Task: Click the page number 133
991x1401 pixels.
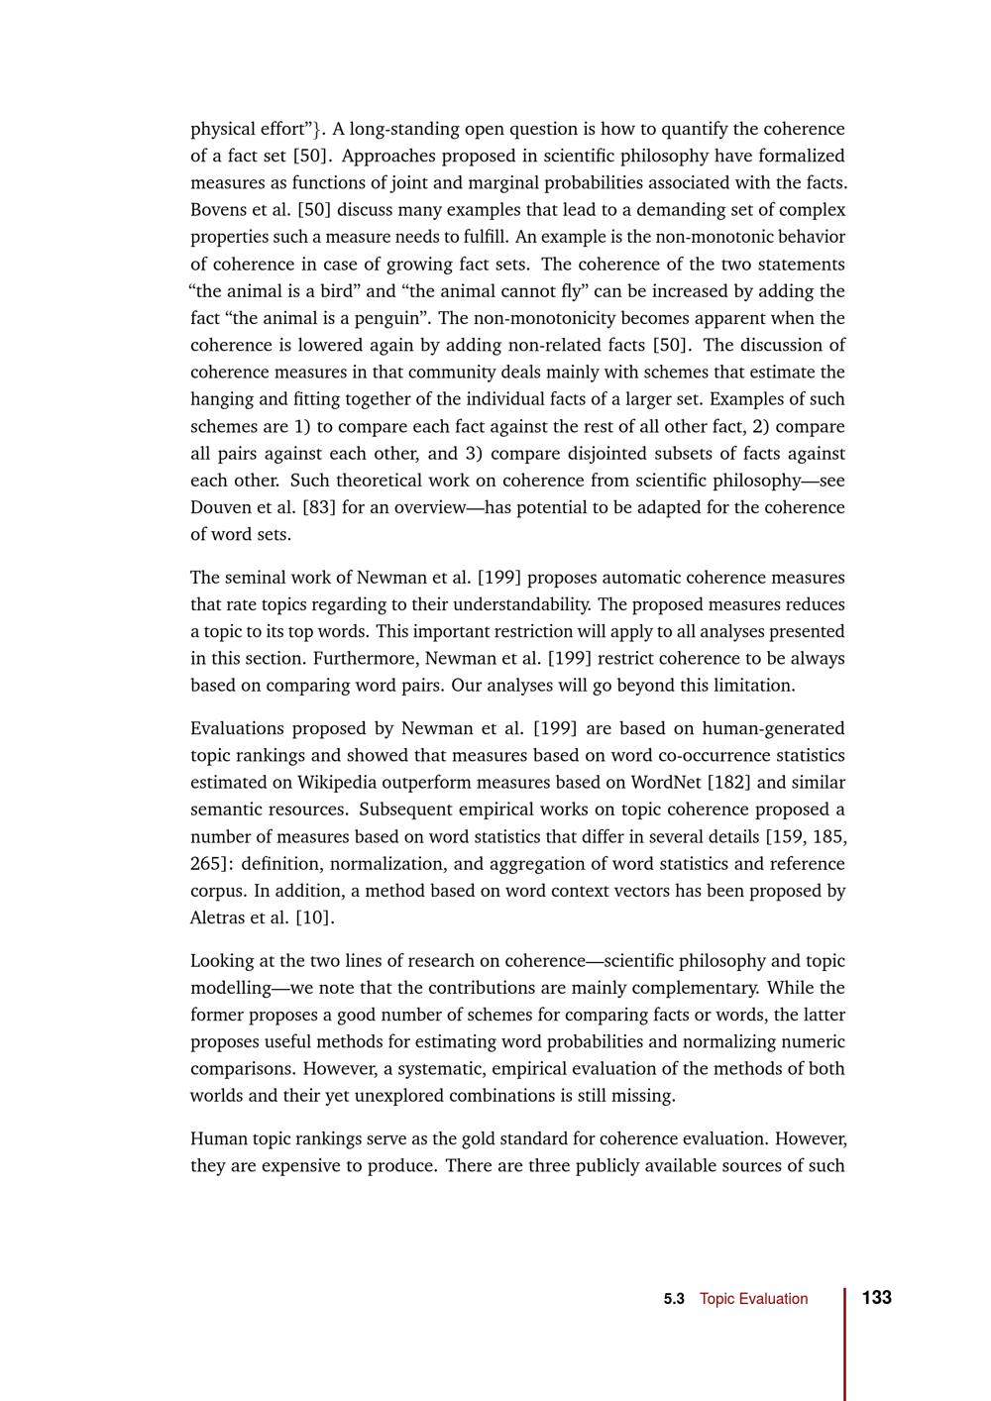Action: click(x=876, y=1298)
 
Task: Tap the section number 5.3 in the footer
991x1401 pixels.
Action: click(x=674, y=1299)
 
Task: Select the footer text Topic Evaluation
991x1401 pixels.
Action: click(x=753, y=1299)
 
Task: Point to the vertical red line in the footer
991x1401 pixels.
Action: click(x=845, y=1343)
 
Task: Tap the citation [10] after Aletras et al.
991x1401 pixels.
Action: click(x=315, y=917)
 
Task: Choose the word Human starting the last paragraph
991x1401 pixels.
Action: click(x=217, y=1138)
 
